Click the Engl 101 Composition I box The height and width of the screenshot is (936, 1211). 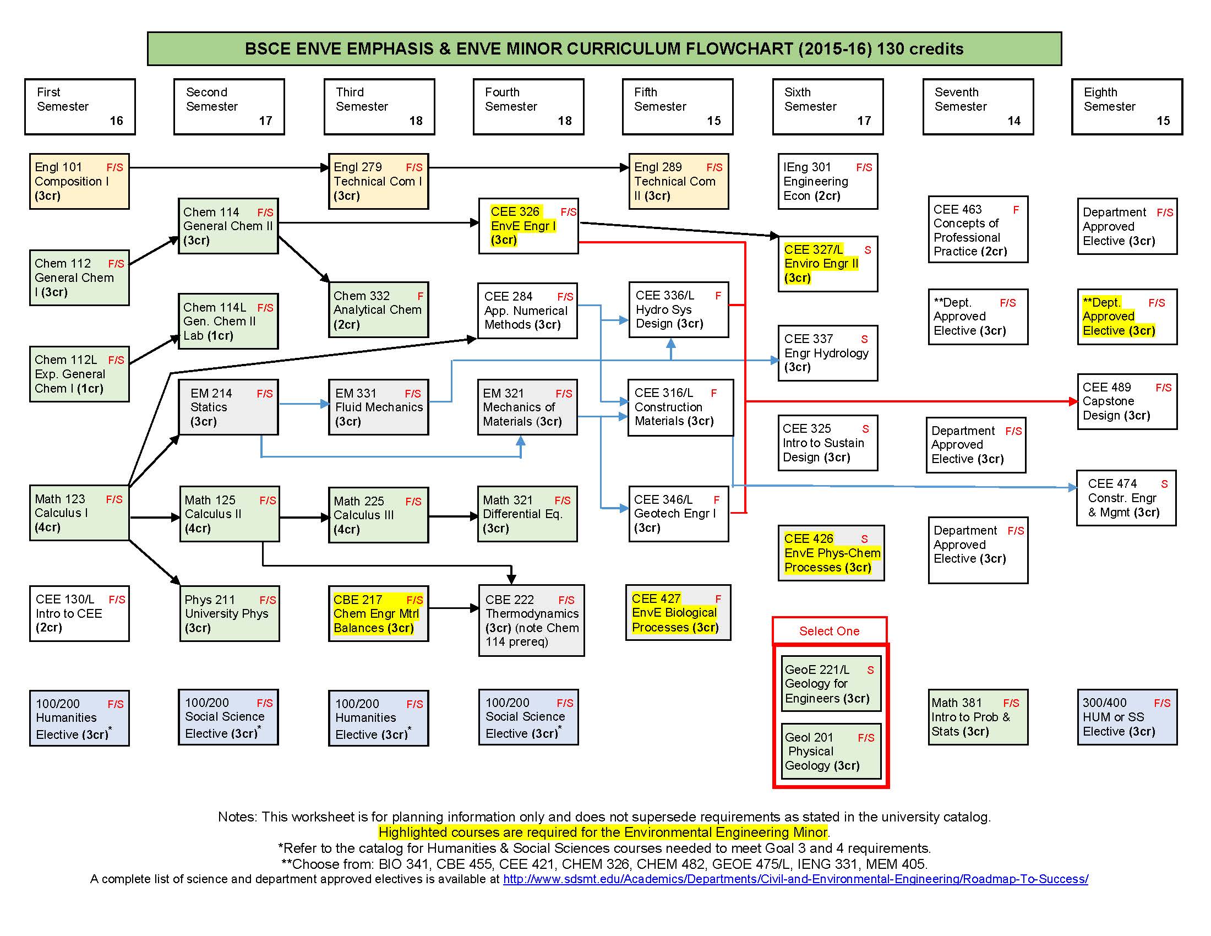point(79,181)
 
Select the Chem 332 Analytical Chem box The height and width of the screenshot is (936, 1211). point(378,310)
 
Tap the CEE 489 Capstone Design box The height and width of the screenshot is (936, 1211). point(1126,401)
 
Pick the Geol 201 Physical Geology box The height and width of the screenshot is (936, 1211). point(830,752)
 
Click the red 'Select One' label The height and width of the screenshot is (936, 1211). point(829,631)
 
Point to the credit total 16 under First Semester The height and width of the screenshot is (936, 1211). point(117,121)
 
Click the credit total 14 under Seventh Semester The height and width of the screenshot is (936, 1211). point(1013,121)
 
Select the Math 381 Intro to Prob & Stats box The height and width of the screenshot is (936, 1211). point(978,717)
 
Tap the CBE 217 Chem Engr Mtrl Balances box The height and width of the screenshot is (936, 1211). point(378,613)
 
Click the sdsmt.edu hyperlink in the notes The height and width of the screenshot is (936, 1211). point(795,879)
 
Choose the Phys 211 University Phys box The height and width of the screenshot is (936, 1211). point(229,613)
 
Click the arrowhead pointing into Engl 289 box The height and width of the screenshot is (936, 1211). point(624,167)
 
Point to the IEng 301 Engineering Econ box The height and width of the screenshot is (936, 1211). point(827,181)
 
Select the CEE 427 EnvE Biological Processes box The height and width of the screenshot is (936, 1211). point(678,613)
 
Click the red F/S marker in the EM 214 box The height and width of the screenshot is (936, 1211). point(264,394)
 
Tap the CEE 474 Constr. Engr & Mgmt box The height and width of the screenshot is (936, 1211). point(1126,498)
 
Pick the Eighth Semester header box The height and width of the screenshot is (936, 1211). point(1127,106)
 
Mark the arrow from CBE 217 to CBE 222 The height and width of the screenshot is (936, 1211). point(454,608)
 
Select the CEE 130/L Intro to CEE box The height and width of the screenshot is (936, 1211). point(79,613)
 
